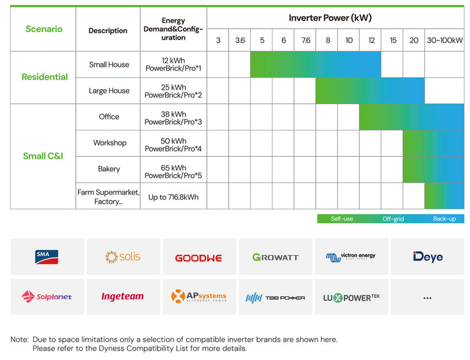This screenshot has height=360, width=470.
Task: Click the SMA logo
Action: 47,257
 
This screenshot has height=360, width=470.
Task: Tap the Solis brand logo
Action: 123,257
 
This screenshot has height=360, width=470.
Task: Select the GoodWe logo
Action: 199,257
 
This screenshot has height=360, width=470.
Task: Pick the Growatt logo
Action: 275,257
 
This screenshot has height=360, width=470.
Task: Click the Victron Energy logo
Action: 351,257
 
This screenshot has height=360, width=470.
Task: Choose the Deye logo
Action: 427,257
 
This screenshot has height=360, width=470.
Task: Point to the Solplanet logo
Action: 47,296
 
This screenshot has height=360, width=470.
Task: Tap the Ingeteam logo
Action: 123,296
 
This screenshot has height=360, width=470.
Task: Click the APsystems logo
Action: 199,296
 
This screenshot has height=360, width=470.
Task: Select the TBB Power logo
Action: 275,297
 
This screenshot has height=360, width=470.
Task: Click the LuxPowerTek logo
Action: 351,297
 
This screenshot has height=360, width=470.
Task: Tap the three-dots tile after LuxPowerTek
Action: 427,297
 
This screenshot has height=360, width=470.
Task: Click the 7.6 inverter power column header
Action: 305,40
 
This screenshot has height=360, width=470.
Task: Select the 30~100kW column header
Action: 444,40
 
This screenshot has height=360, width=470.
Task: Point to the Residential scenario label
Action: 44,77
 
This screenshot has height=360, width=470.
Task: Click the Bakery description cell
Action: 109,169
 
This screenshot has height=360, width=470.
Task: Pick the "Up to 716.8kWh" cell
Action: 174,197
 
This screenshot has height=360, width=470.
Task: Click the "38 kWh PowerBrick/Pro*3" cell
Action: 174,117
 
